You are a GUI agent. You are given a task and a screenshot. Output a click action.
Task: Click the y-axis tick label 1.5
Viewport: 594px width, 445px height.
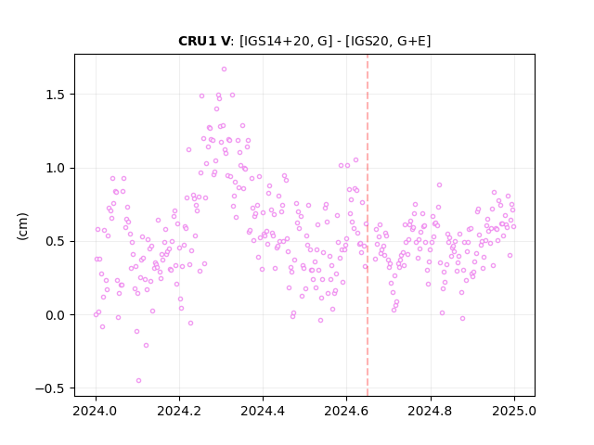55,95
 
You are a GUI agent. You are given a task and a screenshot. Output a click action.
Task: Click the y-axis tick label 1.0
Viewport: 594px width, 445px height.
55,168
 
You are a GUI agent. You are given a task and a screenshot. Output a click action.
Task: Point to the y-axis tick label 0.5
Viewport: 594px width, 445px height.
55,241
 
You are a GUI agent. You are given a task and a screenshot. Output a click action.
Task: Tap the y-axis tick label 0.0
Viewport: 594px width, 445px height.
55,315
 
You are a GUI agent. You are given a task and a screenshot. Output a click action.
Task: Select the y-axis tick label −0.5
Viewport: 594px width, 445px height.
50,388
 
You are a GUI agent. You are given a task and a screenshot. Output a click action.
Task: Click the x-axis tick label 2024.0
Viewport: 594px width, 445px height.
96,411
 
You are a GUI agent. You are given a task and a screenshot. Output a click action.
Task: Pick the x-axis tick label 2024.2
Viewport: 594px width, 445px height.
179,411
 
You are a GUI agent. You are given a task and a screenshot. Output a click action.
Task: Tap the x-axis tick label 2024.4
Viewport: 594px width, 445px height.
263,411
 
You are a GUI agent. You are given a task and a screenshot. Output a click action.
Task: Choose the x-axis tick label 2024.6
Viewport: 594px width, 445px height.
346,411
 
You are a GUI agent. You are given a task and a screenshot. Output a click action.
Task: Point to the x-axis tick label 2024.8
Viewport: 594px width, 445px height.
431,411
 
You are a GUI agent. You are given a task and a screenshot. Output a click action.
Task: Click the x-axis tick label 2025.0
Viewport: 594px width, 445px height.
514,411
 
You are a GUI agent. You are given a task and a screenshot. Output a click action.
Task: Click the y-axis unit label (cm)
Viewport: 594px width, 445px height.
22,226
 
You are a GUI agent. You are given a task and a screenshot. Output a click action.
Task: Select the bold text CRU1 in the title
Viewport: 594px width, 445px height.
193,41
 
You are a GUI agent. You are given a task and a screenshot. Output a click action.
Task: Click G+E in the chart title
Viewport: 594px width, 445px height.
412,41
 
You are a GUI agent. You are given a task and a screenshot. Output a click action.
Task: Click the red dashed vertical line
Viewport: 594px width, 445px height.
368,225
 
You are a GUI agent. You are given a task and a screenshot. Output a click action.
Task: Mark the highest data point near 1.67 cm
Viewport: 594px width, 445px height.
224,70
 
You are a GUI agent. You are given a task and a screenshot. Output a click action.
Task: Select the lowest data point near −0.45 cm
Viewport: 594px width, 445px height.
138,381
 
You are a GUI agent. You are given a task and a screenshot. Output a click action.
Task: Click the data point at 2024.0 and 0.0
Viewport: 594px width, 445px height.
96,315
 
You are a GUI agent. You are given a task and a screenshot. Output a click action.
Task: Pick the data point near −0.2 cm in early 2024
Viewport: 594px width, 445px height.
147,346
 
